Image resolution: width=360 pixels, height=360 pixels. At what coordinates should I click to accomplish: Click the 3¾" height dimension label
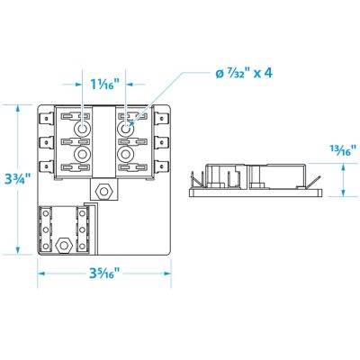click(16, 179)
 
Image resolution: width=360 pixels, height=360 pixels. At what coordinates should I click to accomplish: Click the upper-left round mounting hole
click(84, 129)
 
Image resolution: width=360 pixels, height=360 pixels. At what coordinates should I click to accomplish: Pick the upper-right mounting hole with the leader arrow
click(126, 129)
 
